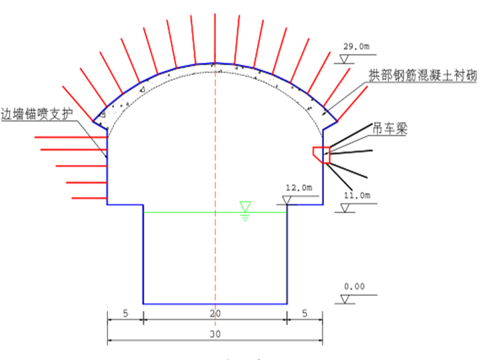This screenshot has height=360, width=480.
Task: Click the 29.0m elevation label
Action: pyautogui.click(x=356, y=47)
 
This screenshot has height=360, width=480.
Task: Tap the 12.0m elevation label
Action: pyautogui.click(x=299, y=188)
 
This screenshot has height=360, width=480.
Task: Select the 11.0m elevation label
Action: pyautogui.click(x=357, y=196)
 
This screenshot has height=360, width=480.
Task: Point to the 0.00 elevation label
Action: pyautogui.click(x=354, y=287)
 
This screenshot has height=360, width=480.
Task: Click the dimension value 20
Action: pyautogui.click(x=215, y=313)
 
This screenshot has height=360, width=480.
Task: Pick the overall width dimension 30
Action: pyautogui.click(x=215, y=334)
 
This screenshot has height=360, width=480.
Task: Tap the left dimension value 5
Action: pyautogui.click(x=125, y=313)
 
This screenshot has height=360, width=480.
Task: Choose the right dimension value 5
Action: pyautogui.click(x=305, y=313)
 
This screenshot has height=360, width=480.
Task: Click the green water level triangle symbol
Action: pyautogui.click(x=245, y=206)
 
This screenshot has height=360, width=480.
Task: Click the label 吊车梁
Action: pyautogui.click(x=389, y=128)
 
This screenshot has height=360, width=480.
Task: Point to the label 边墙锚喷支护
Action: pyautogui.click(x=37, y=114)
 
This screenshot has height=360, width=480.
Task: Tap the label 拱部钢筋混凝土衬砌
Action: pyautogui.click(x=422, y=76)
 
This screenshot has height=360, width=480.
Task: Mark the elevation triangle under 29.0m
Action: pyautogui.click(x=344, y=59)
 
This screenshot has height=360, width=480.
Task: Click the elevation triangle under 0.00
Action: pyautogui.click(x=346, y=299)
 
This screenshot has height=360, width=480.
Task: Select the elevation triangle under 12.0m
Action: pyautogui.click(x=287, y=200)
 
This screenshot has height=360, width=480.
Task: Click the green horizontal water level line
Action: pyautogui.click(x=215, y=212)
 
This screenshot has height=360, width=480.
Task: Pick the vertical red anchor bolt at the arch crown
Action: pyautogui.click(x=215, y=38)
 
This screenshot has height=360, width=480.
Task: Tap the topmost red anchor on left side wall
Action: pyautogui.click(x=71, y=137)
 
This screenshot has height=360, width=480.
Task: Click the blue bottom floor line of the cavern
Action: pyautogui.click(x=215, y=304)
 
